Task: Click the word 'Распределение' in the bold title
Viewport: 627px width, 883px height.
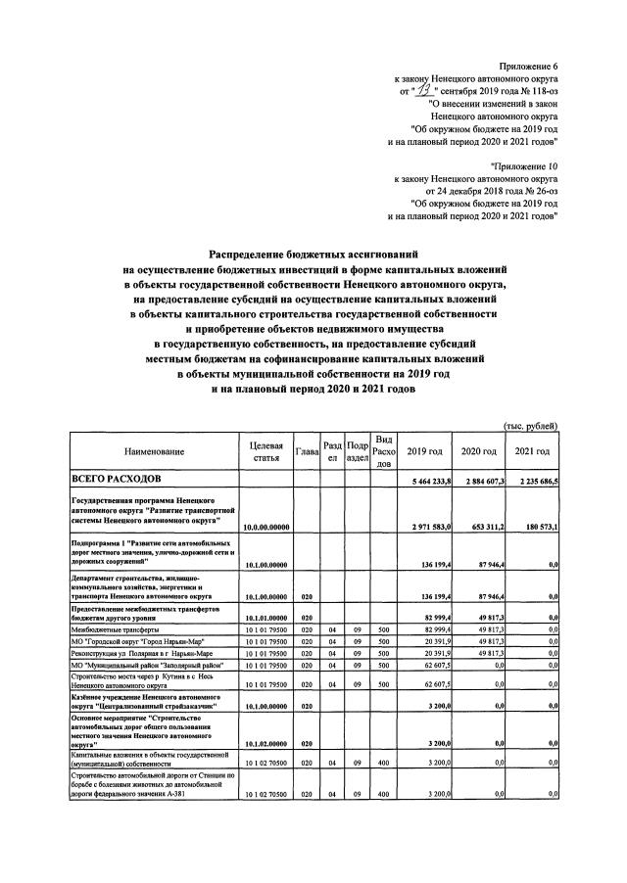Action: pos(260,255)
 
